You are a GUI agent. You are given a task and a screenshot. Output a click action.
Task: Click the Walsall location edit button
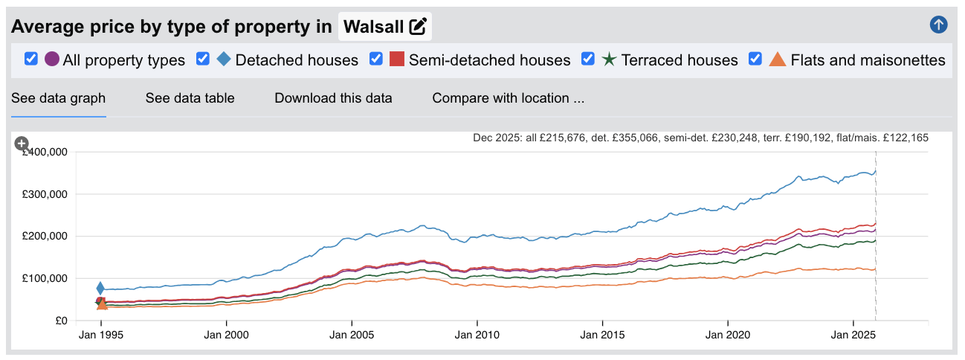point(418,27)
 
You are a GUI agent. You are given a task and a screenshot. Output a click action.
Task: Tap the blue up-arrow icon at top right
point(938,25)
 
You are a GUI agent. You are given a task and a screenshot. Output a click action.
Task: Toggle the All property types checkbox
point(31,59)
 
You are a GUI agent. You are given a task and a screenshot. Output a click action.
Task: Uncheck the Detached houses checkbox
point(203,59)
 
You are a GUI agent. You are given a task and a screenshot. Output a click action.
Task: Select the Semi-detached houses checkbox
point(376,59)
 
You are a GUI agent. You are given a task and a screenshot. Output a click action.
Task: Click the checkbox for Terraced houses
point(588,59)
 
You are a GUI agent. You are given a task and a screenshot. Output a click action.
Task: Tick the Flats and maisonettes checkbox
point(755,59)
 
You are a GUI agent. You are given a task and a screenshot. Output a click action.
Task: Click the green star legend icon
point(609,60)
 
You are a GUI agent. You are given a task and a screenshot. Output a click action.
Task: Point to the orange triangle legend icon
point(777,60)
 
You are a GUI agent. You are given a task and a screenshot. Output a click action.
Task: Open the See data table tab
point(190,98)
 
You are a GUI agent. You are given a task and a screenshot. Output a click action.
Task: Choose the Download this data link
point(333,98)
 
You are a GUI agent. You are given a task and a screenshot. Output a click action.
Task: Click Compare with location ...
point(508,98)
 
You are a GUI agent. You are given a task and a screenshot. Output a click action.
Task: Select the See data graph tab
point(58,98)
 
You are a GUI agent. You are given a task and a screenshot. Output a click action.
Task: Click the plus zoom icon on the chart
point(22,143)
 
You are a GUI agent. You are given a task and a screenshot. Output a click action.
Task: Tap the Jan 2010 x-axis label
point(477,335)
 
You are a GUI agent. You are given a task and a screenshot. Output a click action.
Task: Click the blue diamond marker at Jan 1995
point(100,289)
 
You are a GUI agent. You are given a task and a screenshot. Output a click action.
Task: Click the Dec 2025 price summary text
point(700,138)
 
